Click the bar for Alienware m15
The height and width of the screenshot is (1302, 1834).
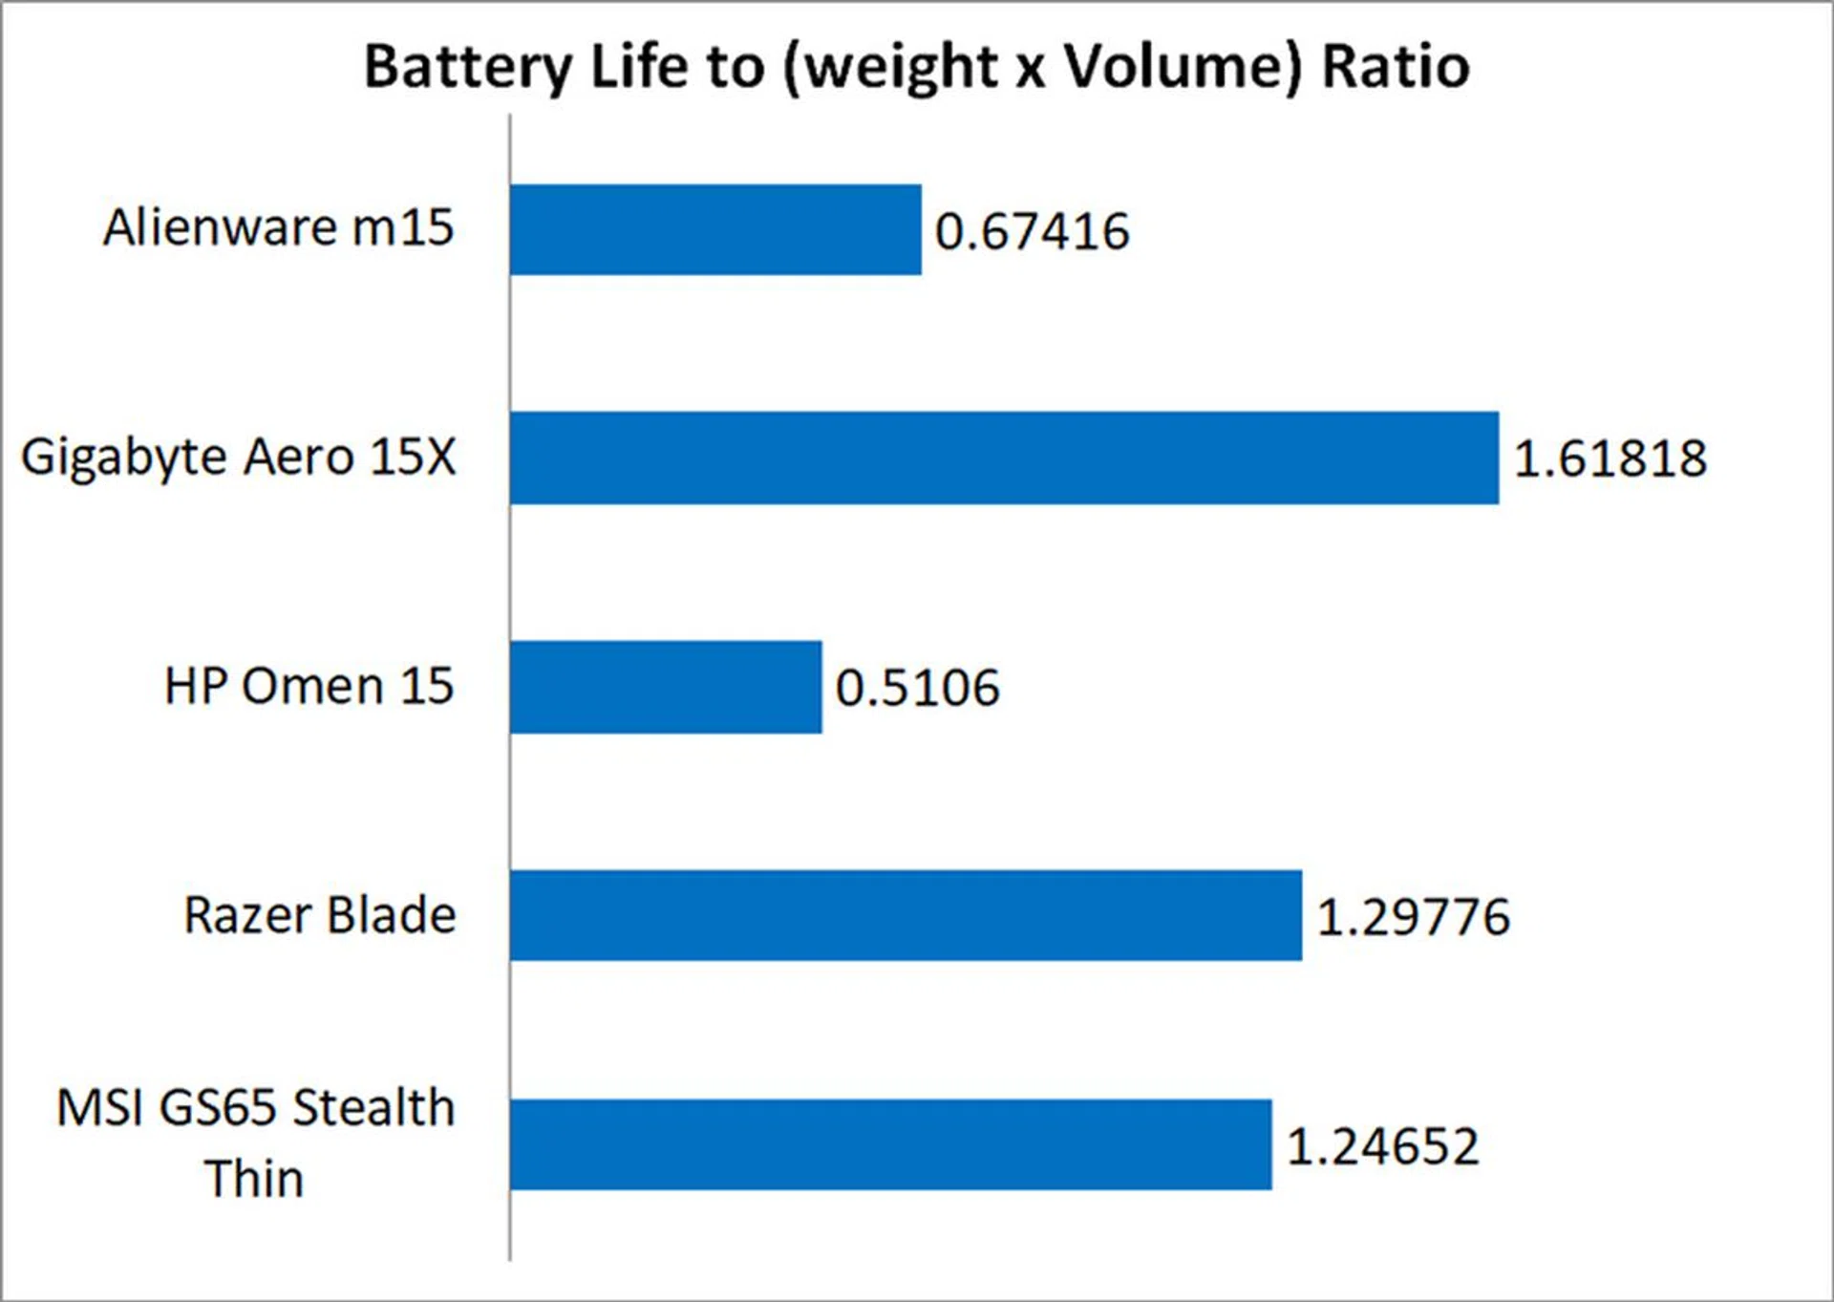[x=715, y=230]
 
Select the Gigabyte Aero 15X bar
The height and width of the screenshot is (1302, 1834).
[x=1004, y=459]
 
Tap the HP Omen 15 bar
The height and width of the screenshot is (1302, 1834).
[x=666, y=687]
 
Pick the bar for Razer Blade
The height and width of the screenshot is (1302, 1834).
[x=906, y=915]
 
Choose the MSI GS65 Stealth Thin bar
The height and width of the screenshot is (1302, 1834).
[x=890, y=1144]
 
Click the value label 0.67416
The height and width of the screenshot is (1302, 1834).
[x=1032, y=232]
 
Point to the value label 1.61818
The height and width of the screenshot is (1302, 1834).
[x=1610, y=459]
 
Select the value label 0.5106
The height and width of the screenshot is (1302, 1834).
[x=917, y=688]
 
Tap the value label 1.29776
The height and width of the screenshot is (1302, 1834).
[x=1413, y=917]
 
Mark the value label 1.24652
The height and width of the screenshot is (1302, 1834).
[x=1382, y=1146]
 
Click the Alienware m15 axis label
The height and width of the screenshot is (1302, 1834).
[x=278, y=228]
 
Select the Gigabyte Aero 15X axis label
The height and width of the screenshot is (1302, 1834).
[x=239, y=458]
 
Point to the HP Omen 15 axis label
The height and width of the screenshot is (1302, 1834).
[x=309, y=686]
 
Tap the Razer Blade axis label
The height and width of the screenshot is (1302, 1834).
[x=319, y=915]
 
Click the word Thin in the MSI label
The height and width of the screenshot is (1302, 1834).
[x=254, y=1179]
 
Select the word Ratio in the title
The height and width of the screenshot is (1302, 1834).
[x=1395, y=67]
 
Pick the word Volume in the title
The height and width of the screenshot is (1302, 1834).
[x=1182, y=67]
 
